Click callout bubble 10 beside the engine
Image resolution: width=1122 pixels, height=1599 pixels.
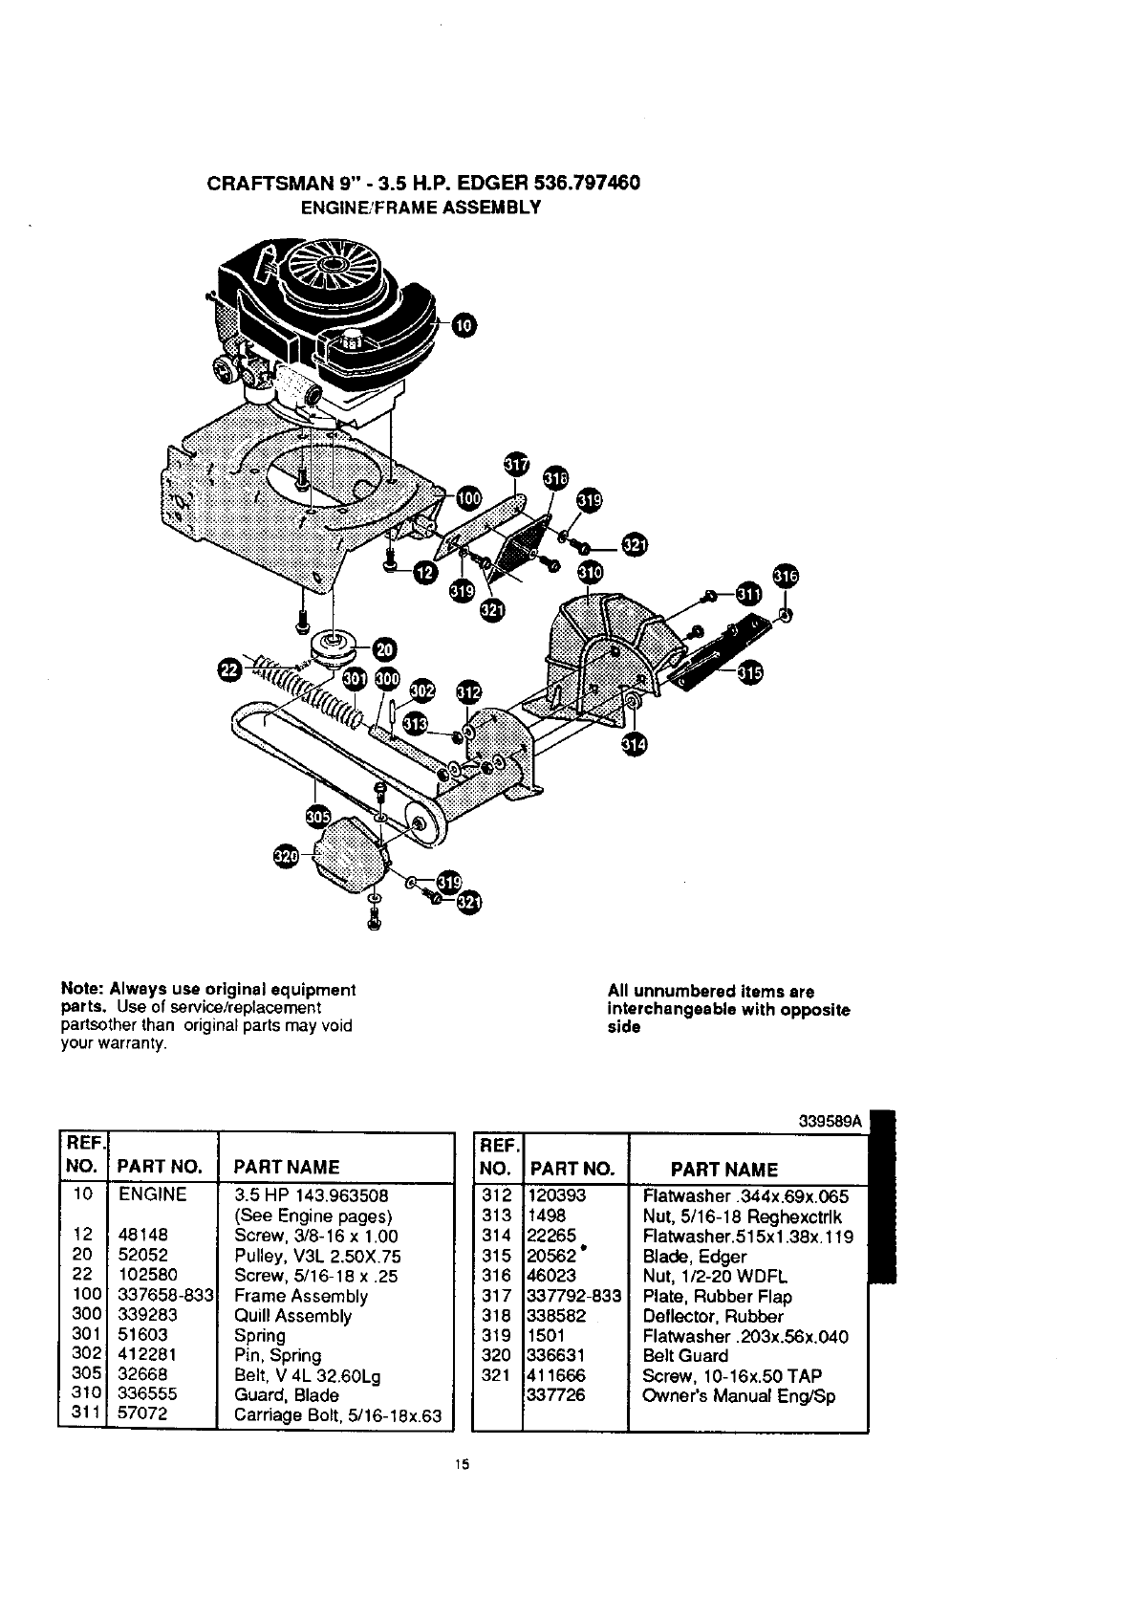462,325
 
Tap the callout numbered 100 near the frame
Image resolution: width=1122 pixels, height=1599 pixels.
468,497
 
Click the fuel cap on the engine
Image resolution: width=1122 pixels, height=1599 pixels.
352,340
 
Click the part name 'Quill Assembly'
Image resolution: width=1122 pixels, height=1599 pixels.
292,1316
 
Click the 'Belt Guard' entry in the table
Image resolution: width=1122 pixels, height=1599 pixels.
684,1355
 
